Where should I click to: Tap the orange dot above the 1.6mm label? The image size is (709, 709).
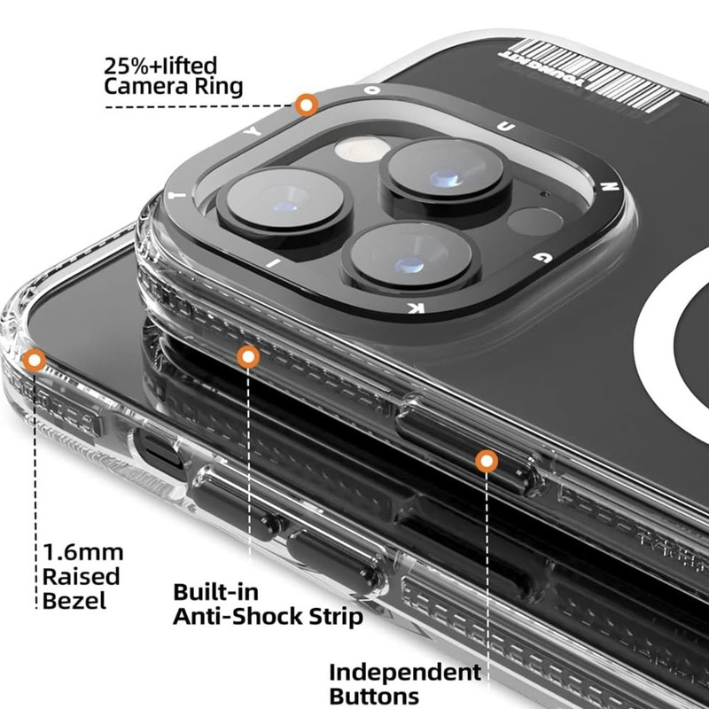[35, 360]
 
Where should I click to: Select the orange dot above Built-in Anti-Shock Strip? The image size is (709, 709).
[248, 357]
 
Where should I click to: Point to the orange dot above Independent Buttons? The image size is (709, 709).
[486, 461]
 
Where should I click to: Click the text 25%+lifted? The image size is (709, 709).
[160, 66]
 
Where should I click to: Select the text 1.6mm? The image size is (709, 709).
[82, 554]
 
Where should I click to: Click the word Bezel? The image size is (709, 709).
[74, 600]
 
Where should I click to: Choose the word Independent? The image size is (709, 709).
[405, 672]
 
